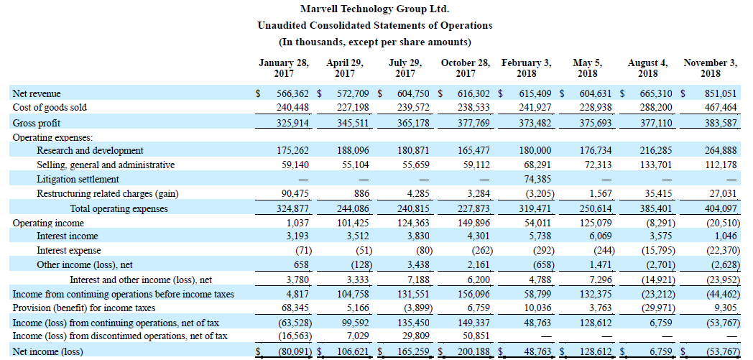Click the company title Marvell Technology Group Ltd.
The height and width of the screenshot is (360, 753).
(x=374, y=9)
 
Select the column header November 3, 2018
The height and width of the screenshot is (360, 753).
(x=711, y=68)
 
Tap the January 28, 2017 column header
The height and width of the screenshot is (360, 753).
(x=284, y=68)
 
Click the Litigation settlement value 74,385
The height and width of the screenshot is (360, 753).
(x=536, y=179)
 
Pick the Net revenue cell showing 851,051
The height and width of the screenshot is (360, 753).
(x=721, y=93)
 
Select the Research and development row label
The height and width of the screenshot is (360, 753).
(x=91, y=151)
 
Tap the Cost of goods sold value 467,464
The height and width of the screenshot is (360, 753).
(x=721, y=107)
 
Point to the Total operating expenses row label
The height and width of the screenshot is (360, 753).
(x=119, y=209)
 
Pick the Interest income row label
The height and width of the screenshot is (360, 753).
(x=68, y=236)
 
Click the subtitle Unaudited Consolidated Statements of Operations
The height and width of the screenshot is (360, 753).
(x=375, y=25)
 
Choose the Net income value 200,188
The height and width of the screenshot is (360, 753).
(x=474, y=351)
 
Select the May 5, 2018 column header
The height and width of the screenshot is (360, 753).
(x=587, y=68)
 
